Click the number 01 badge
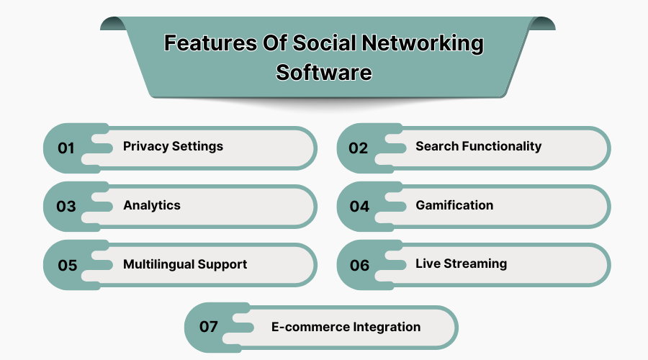[x=66, y=148]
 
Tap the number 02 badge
[x=358, y=148]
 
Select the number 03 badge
[x=66, y=206]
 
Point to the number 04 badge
[x=359, y=206]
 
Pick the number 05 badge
[x=68, y=265]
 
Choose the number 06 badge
[x=359, y=265]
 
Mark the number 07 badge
[x=208, y=327]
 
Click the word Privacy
[x=146, y=147]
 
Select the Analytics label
[x=152, y=205]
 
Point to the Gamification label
[x=454, y=205]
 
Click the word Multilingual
[x=158, y=264]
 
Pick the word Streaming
[x=475, y=264]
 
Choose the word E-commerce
[x=310, y=327]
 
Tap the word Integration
[x=387, y=328]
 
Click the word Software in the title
[x=324, y=73]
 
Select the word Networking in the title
[x=423, y=44]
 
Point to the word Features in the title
[x=210, y=43]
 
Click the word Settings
[x=197, y=147]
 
